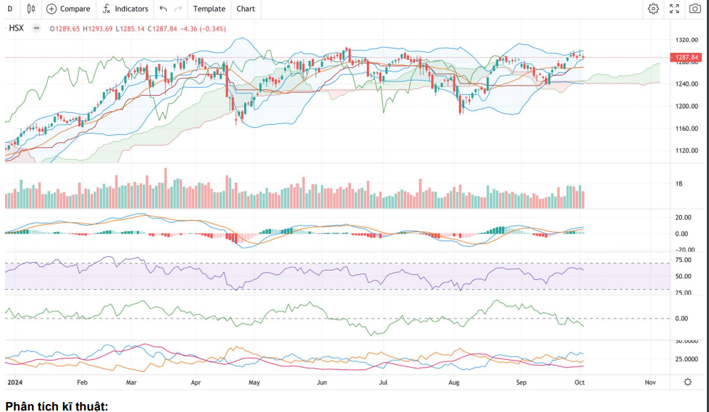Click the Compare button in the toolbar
click(x=69, y=9)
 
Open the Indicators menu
click(x=125, y=9)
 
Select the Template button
click(x=208, y=9)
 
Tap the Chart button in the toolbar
click(x=246, y=9)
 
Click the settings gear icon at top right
click(x=653, y=9)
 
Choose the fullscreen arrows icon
click(x=674, y=9)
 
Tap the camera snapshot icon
click(x=695, y=9)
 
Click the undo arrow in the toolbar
click(x=164, y=9)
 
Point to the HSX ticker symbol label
click(x=16, y=29)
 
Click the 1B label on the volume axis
click(x=678, y=184)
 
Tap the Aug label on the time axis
click(x=453, y=383)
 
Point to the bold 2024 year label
click(x=15, y=383)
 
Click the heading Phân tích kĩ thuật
click(x=56, y=406)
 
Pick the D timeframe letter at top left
click(x=10, y=9)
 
